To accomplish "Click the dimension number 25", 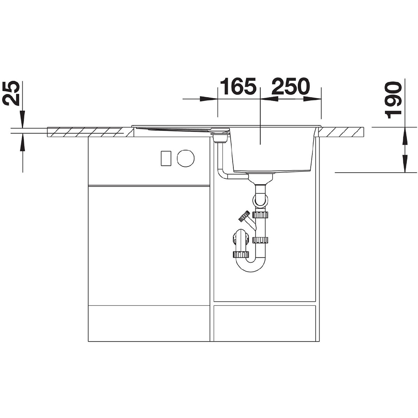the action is tap(11, 93).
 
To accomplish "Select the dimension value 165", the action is tap(237, 86).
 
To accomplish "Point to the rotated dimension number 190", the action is tap(393, 100).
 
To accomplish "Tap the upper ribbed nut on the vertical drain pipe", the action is tap(261, 215).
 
